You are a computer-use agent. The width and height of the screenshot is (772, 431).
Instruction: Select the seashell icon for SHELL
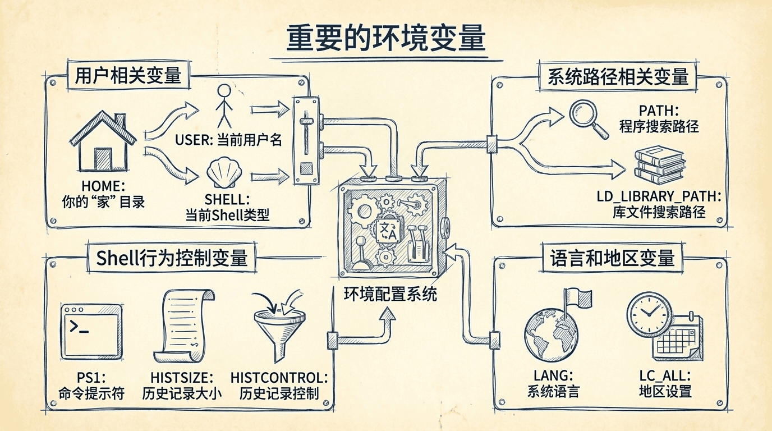[222, 174]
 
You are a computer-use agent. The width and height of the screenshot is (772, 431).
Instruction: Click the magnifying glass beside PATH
[588, 118]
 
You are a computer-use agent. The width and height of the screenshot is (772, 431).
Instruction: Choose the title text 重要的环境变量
[385, 38]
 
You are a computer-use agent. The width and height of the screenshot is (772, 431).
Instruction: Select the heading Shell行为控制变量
[172, 258]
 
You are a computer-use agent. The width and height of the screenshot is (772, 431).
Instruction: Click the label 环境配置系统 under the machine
[390, 295]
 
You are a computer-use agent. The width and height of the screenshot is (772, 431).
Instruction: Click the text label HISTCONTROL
[279, 377]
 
